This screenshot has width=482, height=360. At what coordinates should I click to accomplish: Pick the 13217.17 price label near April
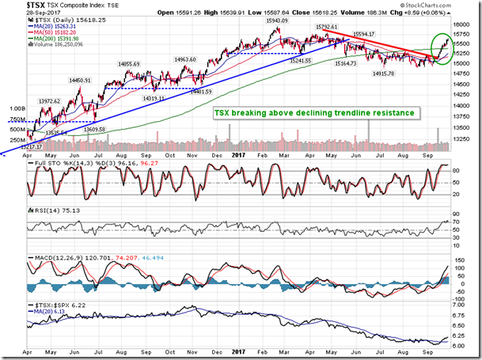pyautogui.click(x=33, y=147)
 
